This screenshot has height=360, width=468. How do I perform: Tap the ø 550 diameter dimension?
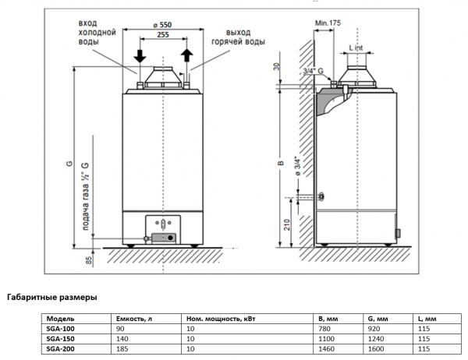[x=162, y=24]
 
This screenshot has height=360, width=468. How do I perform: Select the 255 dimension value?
[x=164, y=35]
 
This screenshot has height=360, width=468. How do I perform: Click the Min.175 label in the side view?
[x=328, y=23]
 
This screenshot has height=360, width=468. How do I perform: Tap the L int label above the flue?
[x=356, y=48]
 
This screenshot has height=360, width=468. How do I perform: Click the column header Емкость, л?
[x=134, y=319]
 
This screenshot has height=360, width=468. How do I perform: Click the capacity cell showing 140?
[x=122, y=339]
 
